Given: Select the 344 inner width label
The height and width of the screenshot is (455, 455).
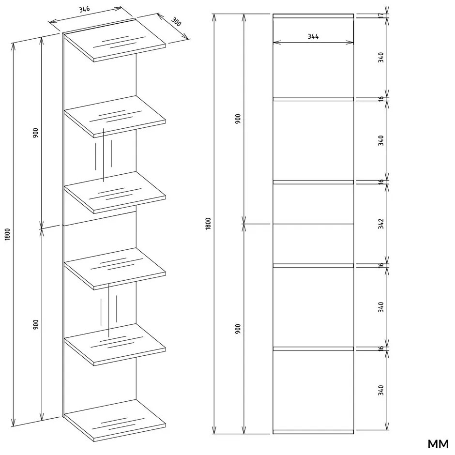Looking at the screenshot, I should click(313, 37).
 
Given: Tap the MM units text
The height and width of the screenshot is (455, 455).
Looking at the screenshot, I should click(438, 444).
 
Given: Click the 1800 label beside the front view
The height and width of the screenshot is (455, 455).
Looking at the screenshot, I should click(208, 224).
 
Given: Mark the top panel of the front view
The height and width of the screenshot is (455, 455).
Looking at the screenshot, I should click(313, 16).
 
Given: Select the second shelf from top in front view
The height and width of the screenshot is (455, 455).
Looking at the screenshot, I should click(313, 182).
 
